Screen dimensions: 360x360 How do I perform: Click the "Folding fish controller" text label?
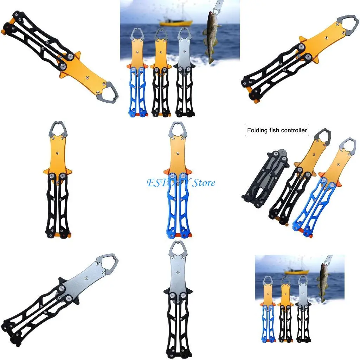tap(277, 130)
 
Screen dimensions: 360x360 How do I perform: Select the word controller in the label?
tap(294, 130)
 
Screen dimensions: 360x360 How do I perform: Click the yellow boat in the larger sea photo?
tap(176, 22)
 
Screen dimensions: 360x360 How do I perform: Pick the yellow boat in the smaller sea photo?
tap(297, 271)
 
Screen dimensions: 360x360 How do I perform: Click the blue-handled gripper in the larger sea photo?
tap(138, 74)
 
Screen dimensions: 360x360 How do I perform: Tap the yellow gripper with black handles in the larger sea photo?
tap(161, 74)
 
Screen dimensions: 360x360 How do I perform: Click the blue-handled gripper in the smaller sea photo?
tap(268, 309)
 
